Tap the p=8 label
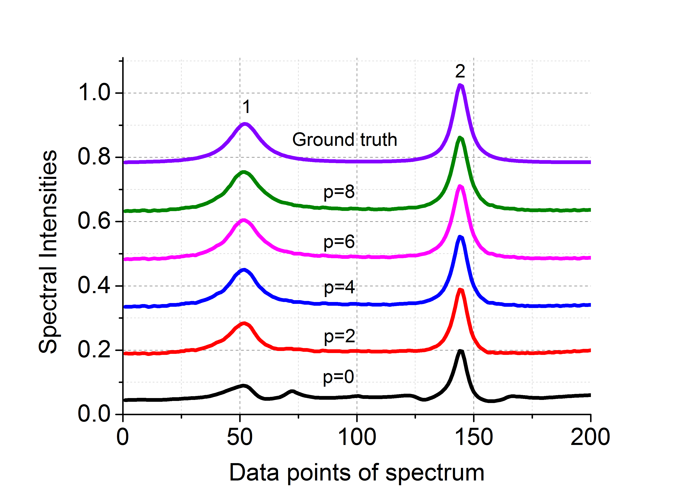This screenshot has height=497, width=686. tap(339, 192)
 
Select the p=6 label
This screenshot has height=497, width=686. tap(339, 242)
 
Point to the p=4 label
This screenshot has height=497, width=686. tap(339, 288)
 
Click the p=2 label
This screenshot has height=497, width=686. tap(339, 336)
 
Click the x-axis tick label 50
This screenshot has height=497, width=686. tap(240, 437)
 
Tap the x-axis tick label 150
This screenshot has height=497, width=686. tap(474, 437)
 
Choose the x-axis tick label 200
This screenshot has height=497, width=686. tap(590, 437)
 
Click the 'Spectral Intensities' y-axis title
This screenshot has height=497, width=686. tap(48, 251)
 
